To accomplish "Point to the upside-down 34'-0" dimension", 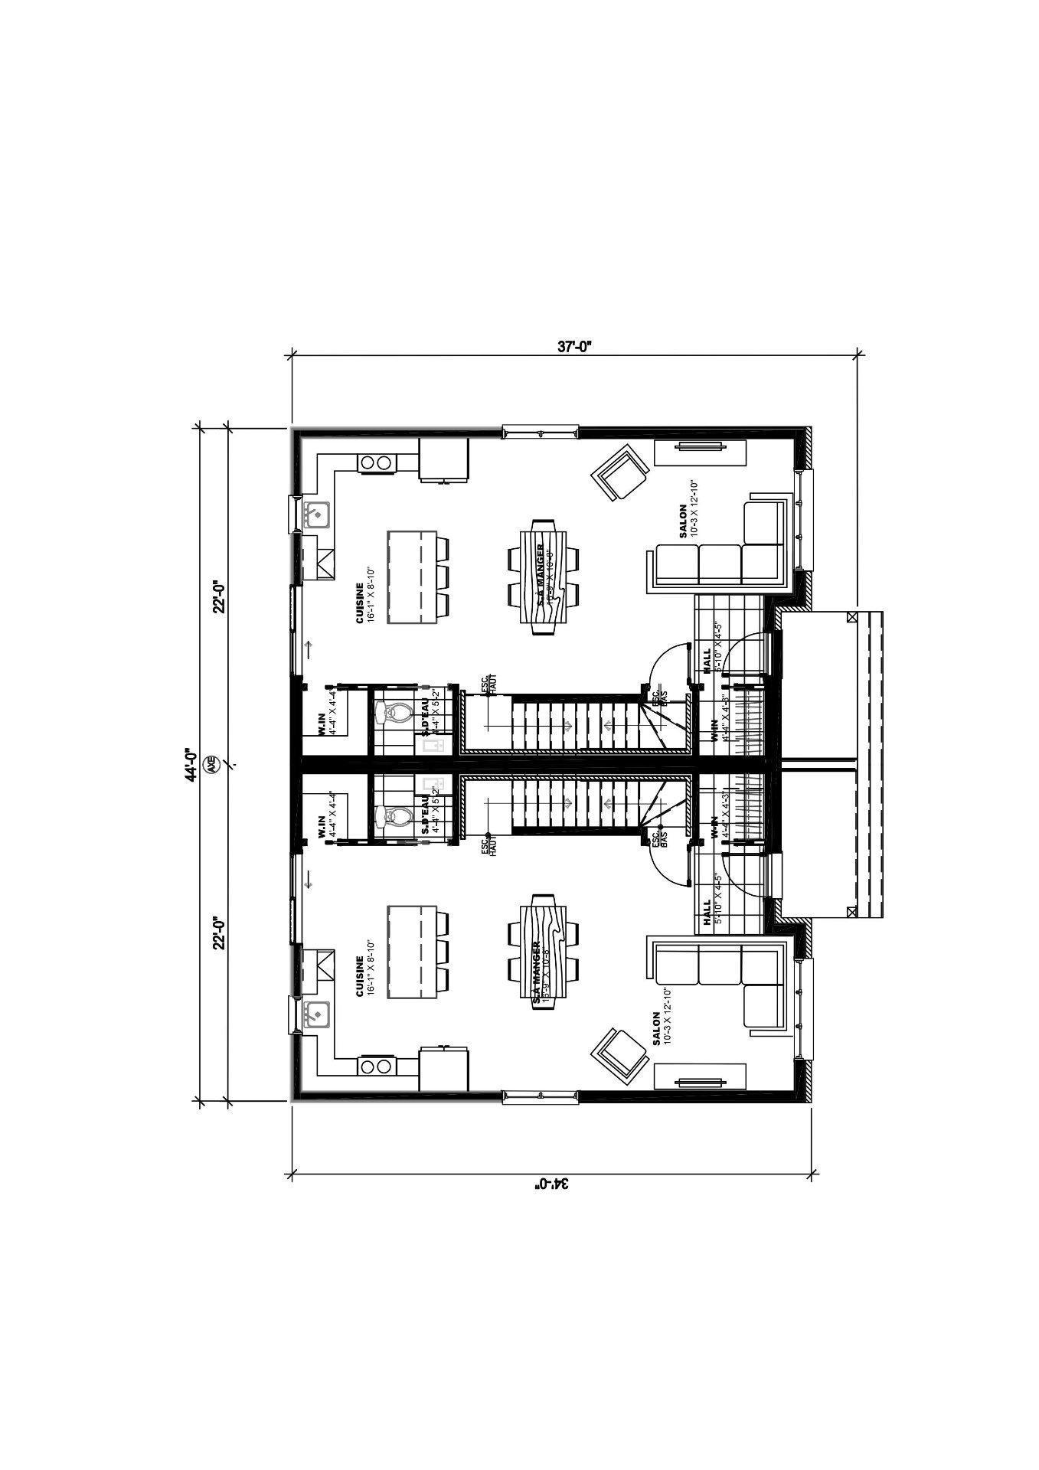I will click(553, 1183).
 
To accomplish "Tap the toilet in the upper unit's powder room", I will click(393, 714).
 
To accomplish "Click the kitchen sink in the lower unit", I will click(316, 1014).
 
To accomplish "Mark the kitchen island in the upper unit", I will click(412, 577).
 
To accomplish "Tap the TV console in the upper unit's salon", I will click(700, 452).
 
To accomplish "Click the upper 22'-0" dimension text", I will click(220, 596).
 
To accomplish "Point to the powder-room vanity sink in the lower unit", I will click(431, 786).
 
